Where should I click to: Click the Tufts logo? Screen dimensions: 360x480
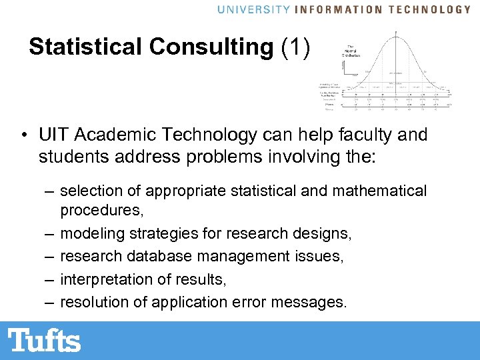tap(45, 340)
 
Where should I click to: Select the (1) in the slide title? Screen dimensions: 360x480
tap(295, 47)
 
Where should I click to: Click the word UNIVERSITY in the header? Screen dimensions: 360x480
tap(254, 9)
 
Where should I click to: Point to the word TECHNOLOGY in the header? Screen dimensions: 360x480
tap(430, 9)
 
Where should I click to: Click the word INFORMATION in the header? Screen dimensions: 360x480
tap(339, 9)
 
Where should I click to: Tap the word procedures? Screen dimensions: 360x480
tap(101, 211)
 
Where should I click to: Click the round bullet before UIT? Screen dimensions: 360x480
tap(23, 136)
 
